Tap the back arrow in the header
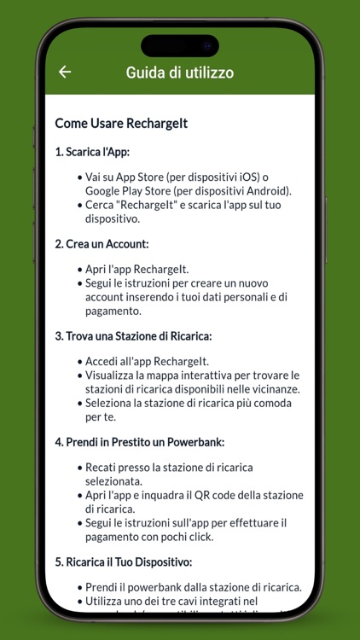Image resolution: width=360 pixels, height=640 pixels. click(65, 73)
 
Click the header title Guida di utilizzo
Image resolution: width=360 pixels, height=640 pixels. click(180, 73)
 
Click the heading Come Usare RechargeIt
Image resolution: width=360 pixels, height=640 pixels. click(121, 123)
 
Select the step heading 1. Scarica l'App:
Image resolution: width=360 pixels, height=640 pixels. click(91, 152)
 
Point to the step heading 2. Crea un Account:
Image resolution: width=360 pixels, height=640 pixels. click(102, 243)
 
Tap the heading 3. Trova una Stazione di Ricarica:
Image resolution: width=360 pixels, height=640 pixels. click(133, 335)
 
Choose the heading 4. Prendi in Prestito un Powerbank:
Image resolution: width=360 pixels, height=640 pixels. click(139, 441)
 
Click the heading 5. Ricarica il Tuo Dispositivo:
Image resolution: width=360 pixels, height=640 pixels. click(124, 561)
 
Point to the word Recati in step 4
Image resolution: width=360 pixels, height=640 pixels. click(104, 468)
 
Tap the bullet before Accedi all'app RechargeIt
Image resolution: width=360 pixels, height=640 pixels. click(79, 362)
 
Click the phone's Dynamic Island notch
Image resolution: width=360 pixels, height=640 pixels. click(180, 45)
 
